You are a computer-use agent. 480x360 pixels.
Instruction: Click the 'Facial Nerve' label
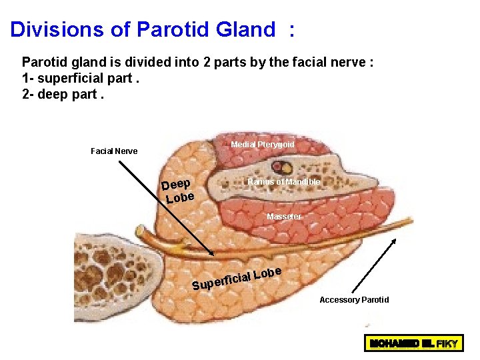[x=114, y=151]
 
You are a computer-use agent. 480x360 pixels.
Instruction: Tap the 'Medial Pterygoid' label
[x=262, y=145]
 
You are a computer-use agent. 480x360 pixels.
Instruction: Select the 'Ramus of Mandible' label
[x=283, y=182]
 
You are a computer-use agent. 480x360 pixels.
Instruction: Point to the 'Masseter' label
[x=283, y=217]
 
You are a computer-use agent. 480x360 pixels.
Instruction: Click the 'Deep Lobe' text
[x=178, y=191]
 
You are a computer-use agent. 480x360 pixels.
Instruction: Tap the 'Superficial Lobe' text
[x=237, y=279]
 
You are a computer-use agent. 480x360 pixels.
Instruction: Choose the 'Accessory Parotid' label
[x=354, y=300]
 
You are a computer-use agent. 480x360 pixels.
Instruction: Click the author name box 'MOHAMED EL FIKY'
[x=411, y=345]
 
